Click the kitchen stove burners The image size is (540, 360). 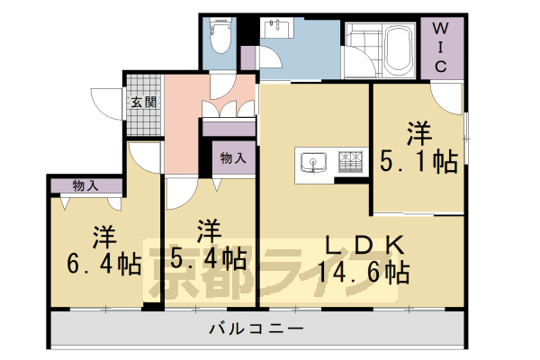(x=350, y=162)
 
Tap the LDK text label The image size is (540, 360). (x=364, y=244)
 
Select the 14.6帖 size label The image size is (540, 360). (x=365, y=272)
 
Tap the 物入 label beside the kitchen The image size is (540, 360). (x=233, y=158)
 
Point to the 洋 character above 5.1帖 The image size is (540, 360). (x=418, y=132)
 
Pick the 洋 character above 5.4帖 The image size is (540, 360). (x=208, y=229)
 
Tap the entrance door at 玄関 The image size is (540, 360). (x=113, y=102)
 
